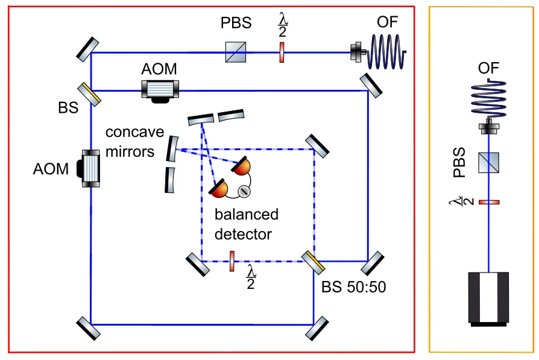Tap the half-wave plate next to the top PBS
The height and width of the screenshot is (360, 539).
281,53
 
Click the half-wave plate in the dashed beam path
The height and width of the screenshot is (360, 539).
232,262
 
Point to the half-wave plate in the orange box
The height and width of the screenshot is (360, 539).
489,201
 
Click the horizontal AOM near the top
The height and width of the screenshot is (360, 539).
159,90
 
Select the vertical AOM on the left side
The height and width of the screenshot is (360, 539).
91,169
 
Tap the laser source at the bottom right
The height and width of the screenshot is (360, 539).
489,298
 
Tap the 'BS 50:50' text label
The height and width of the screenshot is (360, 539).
353,287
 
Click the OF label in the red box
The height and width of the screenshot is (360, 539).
387,23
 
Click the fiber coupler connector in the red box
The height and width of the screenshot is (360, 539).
358,53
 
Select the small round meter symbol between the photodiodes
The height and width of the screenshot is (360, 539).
244,192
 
